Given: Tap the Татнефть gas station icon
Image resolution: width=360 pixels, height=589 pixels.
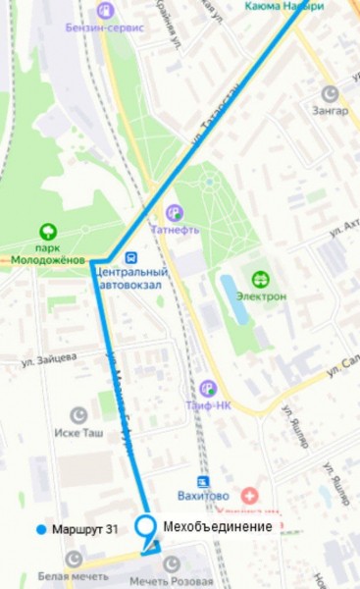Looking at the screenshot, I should pos(174,211).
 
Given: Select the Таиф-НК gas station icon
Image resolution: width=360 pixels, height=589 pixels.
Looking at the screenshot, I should pos(207,389).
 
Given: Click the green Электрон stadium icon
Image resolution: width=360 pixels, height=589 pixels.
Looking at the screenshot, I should pos(261,279).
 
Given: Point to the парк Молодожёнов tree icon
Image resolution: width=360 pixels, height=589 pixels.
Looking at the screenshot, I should pos(46,233).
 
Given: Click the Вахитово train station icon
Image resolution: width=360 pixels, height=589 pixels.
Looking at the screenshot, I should pos(203,482).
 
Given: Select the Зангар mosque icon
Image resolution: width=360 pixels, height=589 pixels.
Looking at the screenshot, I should pos(332,93).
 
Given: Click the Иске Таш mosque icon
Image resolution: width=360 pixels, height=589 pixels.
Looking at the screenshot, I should pos(80,415).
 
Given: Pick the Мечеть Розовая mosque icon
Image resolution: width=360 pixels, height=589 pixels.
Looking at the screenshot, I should pos(173,563).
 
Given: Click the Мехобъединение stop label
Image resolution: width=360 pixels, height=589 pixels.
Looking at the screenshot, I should pos(217,526).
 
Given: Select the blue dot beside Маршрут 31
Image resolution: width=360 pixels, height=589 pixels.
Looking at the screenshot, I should pos(39,530).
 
